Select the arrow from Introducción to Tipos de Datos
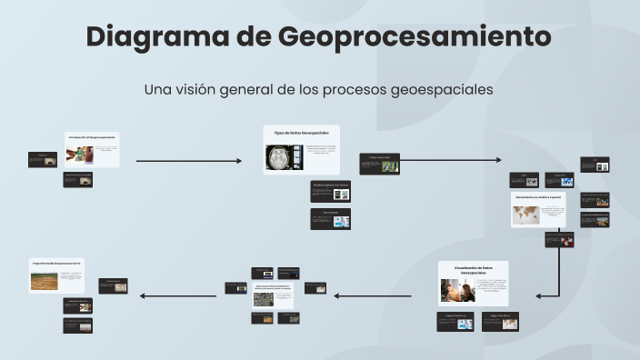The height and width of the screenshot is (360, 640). [189, 161]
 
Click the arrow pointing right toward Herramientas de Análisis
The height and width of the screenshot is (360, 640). [451, 160]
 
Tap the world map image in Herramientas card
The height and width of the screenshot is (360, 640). [525, 214]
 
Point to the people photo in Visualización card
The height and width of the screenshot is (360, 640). [456, 290]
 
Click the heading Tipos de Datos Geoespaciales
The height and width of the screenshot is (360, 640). [301, 133]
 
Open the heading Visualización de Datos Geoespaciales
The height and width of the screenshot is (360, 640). [473, 269]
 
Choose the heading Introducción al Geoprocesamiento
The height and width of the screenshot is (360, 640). [92, 137]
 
